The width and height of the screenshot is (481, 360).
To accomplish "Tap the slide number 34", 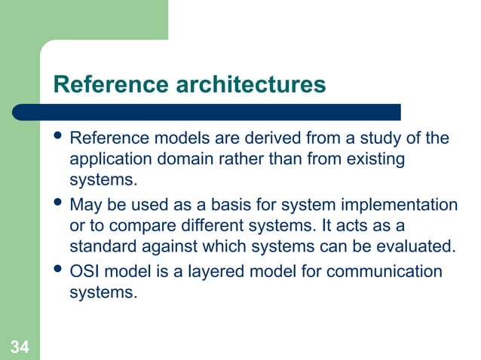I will [20, 346].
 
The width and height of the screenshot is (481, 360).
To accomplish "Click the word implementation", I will [403, 206].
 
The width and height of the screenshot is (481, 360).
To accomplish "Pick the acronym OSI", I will [85, 271].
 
